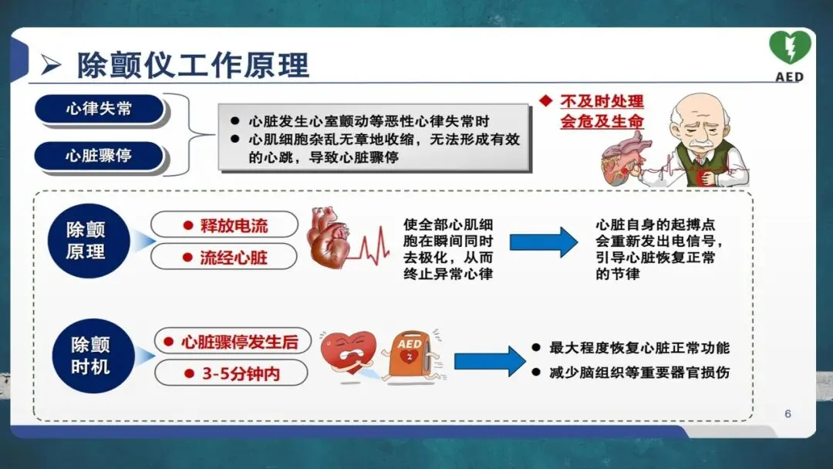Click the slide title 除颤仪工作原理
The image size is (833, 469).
coord(193,65)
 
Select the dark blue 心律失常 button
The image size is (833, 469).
coord(99,109)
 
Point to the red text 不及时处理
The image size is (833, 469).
coord(602,102)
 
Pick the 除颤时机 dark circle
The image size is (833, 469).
coord(90,356)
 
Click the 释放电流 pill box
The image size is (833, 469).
coord(224,225)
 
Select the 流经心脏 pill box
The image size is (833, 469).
coord(224,257)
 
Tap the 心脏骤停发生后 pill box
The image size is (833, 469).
coord(231,342)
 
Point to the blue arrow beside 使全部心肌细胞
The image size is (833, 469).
coord(543,241)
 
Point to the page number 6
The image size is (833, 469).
coord(787,413)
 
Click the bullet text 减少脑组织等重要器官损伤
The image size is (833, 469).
coord(639,373)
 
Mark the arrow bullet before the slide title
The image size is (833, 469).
coord(51,66)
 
